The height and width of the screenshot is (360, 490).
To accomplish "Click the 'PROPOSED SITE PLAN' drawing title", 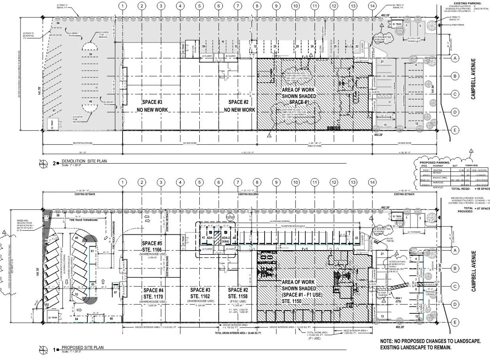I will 82,348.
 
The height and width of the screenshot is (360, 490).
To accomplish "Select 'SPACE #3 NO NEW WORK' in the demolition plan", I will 152,106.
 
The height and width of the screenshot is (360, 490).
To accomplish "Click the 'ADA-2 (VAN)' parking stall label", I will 226,239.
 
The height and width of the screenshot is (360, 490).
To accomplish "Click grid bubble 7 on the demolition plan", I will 238,6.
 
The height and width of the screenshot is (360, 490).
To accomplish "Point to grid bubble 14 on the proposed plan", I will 372,182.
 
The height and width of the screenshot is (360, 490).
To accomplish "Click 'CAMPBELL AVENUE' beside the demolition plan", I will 473,79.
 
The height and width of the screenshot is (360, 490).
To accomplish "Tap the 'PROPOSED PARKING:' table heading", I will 433,161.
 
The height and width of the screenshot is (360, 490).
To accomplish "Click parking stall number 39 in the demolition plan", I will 91,54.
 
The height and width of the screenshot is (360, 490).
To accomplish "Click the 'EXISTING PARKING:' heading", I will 469,3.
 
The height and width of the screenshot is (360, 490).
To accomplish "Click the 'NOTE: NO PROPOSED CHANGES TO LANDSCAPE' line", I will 430,341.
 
